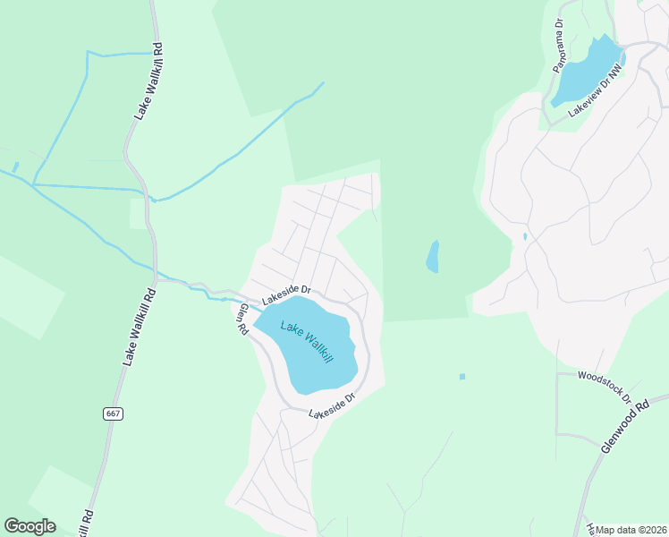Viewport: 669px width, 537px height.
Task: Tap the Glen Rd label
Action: click(242, 320)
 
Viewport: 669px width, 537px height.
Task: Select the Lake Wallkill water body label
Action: click(307, 342)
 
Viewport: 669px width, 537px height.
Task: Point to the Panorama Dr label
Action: click(558, 47)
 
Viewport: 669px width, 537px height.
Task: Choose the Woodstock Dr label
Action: click(605, 387)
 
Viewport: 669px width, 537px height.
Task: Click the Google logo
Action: click(30, 526)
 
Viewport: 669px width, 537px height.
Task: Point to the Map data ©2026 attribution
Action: click(631, 530)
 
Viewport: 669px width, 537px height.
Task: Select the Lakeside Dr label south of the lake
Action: click(333, 405)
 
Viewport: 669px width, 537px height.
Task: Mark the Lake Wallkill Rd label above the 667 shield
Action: click(139, 325)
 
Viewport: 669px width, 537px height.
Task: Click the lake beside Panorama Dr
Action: click(587, 72)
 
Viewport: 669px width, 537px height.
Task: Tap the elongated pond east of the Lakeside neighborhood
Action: click(433, 257)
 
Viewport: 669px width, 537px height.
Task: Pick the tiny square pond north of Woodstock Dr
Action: click(462, 377)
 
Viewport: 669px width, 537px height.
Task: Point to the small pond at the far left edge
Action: click(14, 167)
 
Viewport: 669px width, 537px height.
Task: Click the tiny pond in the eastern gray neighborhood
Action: click(525, 236)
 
